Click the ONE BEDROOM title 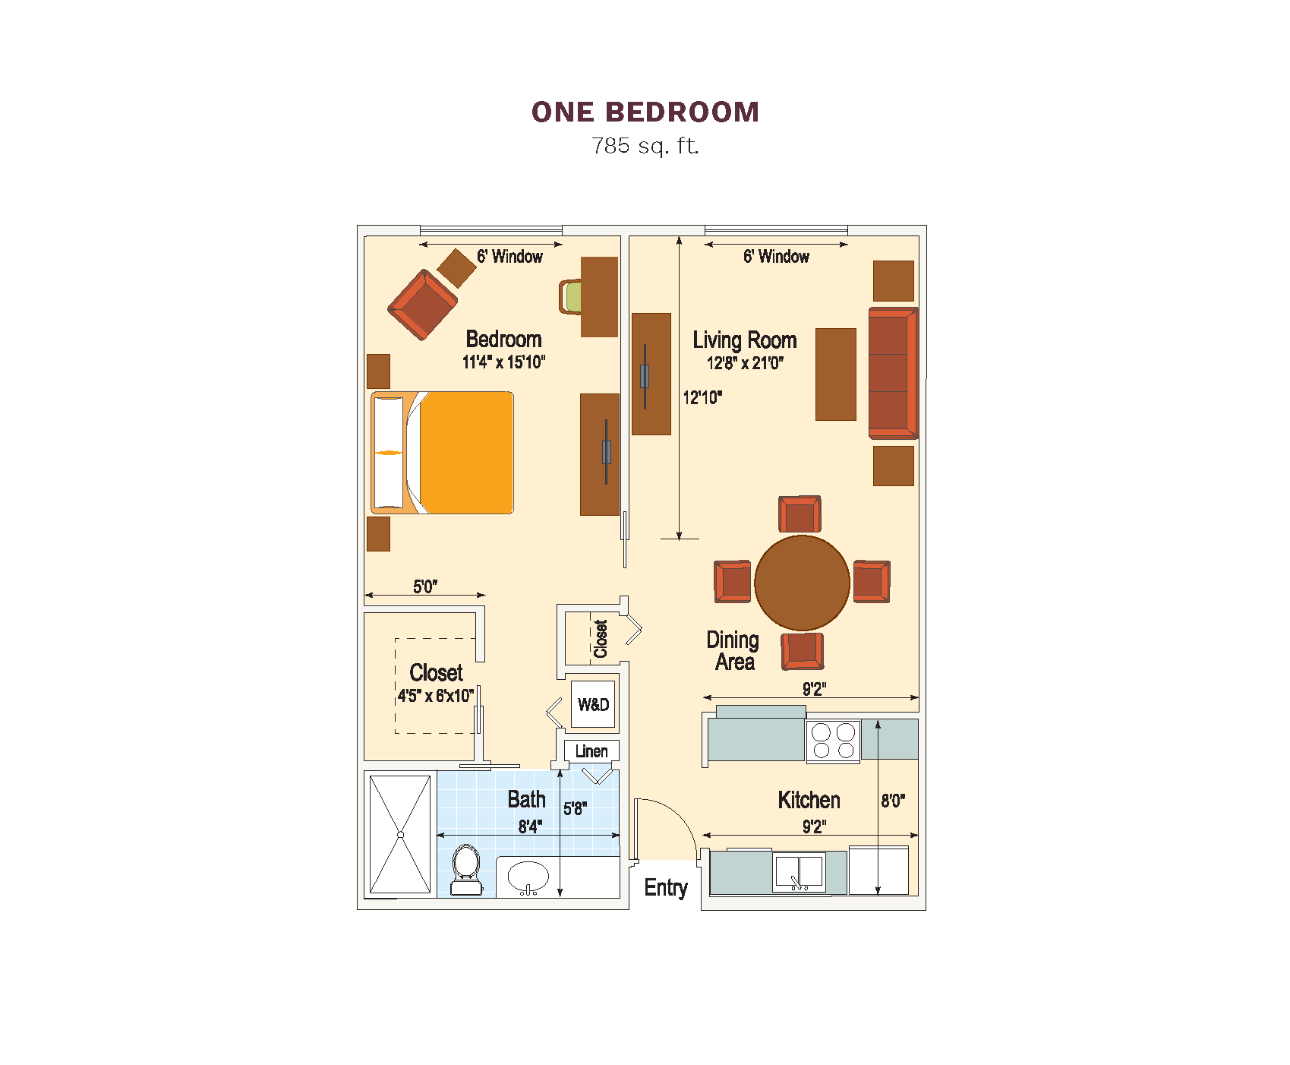click(645, 112)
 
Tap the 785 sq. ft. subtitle click(645, 145)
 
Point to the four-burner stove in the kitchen click(833, 741)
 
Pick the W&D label click(593, 705)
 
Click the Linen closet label click(591, 751)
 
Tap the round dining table click(802, 583)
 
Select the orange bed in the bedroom click(442, 453)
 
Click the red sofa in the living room click(894, 373)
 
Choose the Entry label click(666, 887)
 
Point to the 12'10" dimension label click(702, 397)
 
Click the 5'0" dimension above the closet click(425, 586)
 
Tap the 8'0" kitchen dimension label click(893, 801)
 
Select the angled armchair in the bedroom click(422, 305)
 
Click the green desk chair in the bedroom click(570, 297)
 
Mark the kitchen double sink click(799, 872)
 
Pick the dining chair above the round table click(800, 514)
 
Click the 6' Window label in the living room click(776, 257)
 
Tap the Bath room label click(526, 799)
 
